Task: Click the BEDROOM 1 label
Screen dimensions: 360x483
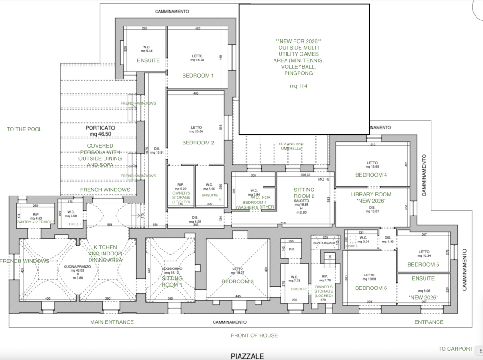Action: (198, 75)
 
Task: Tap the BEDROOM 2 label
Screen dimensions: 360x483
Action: (198, 143)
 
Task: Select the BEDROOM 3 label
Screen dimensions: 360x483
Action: (237, 281)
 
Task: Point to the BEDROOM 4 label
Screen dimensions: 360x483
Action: (371, 175)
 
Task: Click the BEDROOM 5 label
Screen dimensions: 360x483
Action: (423, 264)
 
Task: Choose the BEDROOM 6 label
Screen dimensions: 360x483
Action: (371, 288)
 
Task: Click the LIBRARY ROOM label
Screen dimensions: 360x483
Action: (371, 194)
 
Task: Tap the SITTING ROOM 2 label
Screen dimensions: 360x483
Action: (304, 193)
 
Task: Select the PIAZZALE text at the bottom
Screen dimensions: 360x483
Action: (247, 356)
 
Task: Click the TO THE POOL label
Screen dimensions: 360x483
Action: (24, 129)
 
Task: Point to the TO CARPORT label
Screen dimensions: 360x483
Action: (456, 349)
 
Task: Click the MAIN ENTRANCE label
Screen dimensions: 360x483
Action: (112, 322)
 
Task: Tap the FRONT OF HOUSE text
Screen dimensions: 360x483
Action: (255, 335)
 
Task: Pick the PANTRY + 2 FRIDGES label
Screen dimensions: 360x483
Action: (36, 222)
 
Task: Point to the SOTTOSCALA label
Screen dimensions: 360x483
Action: (324, 242)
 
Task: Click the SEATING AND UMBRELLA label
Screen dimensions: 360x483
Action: (291, 146)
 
